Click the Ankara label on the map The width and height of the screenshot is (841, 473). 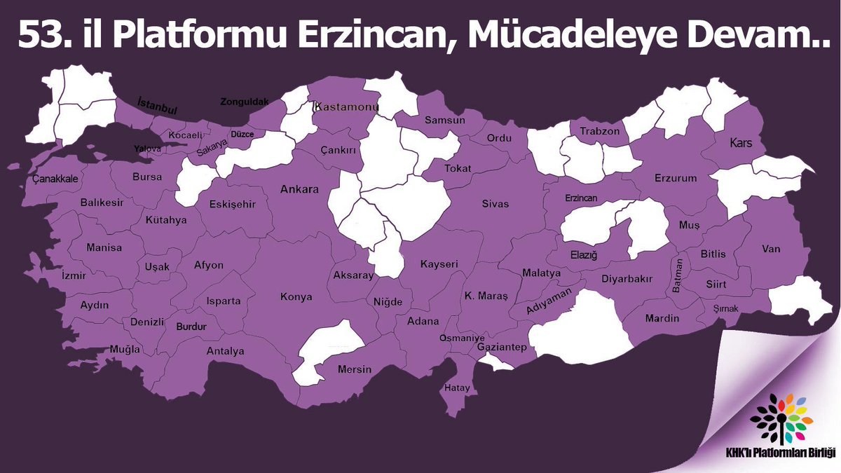coord(299,189)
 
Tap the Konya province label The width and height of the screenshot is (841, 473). coord(296,297)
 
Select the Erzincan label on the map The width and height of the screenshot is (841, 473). coord(582,198)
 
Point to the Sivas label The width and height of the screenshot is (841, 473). coord(495,204)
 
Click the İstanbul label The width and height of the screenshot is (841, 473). coord(158,106)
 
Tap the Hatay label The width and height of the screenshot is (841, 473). coord(458,388)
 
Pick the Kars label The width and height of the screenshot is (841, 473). coord(740,143)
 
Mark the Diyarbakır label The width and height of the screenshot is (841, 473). coord(627,279)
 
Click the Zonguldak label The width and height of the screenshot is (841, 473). coord(245,102)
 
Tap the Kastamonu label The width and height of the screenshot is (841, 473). coord(347,107)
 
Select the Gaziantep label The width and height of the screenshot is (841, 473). coord(501,348)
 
